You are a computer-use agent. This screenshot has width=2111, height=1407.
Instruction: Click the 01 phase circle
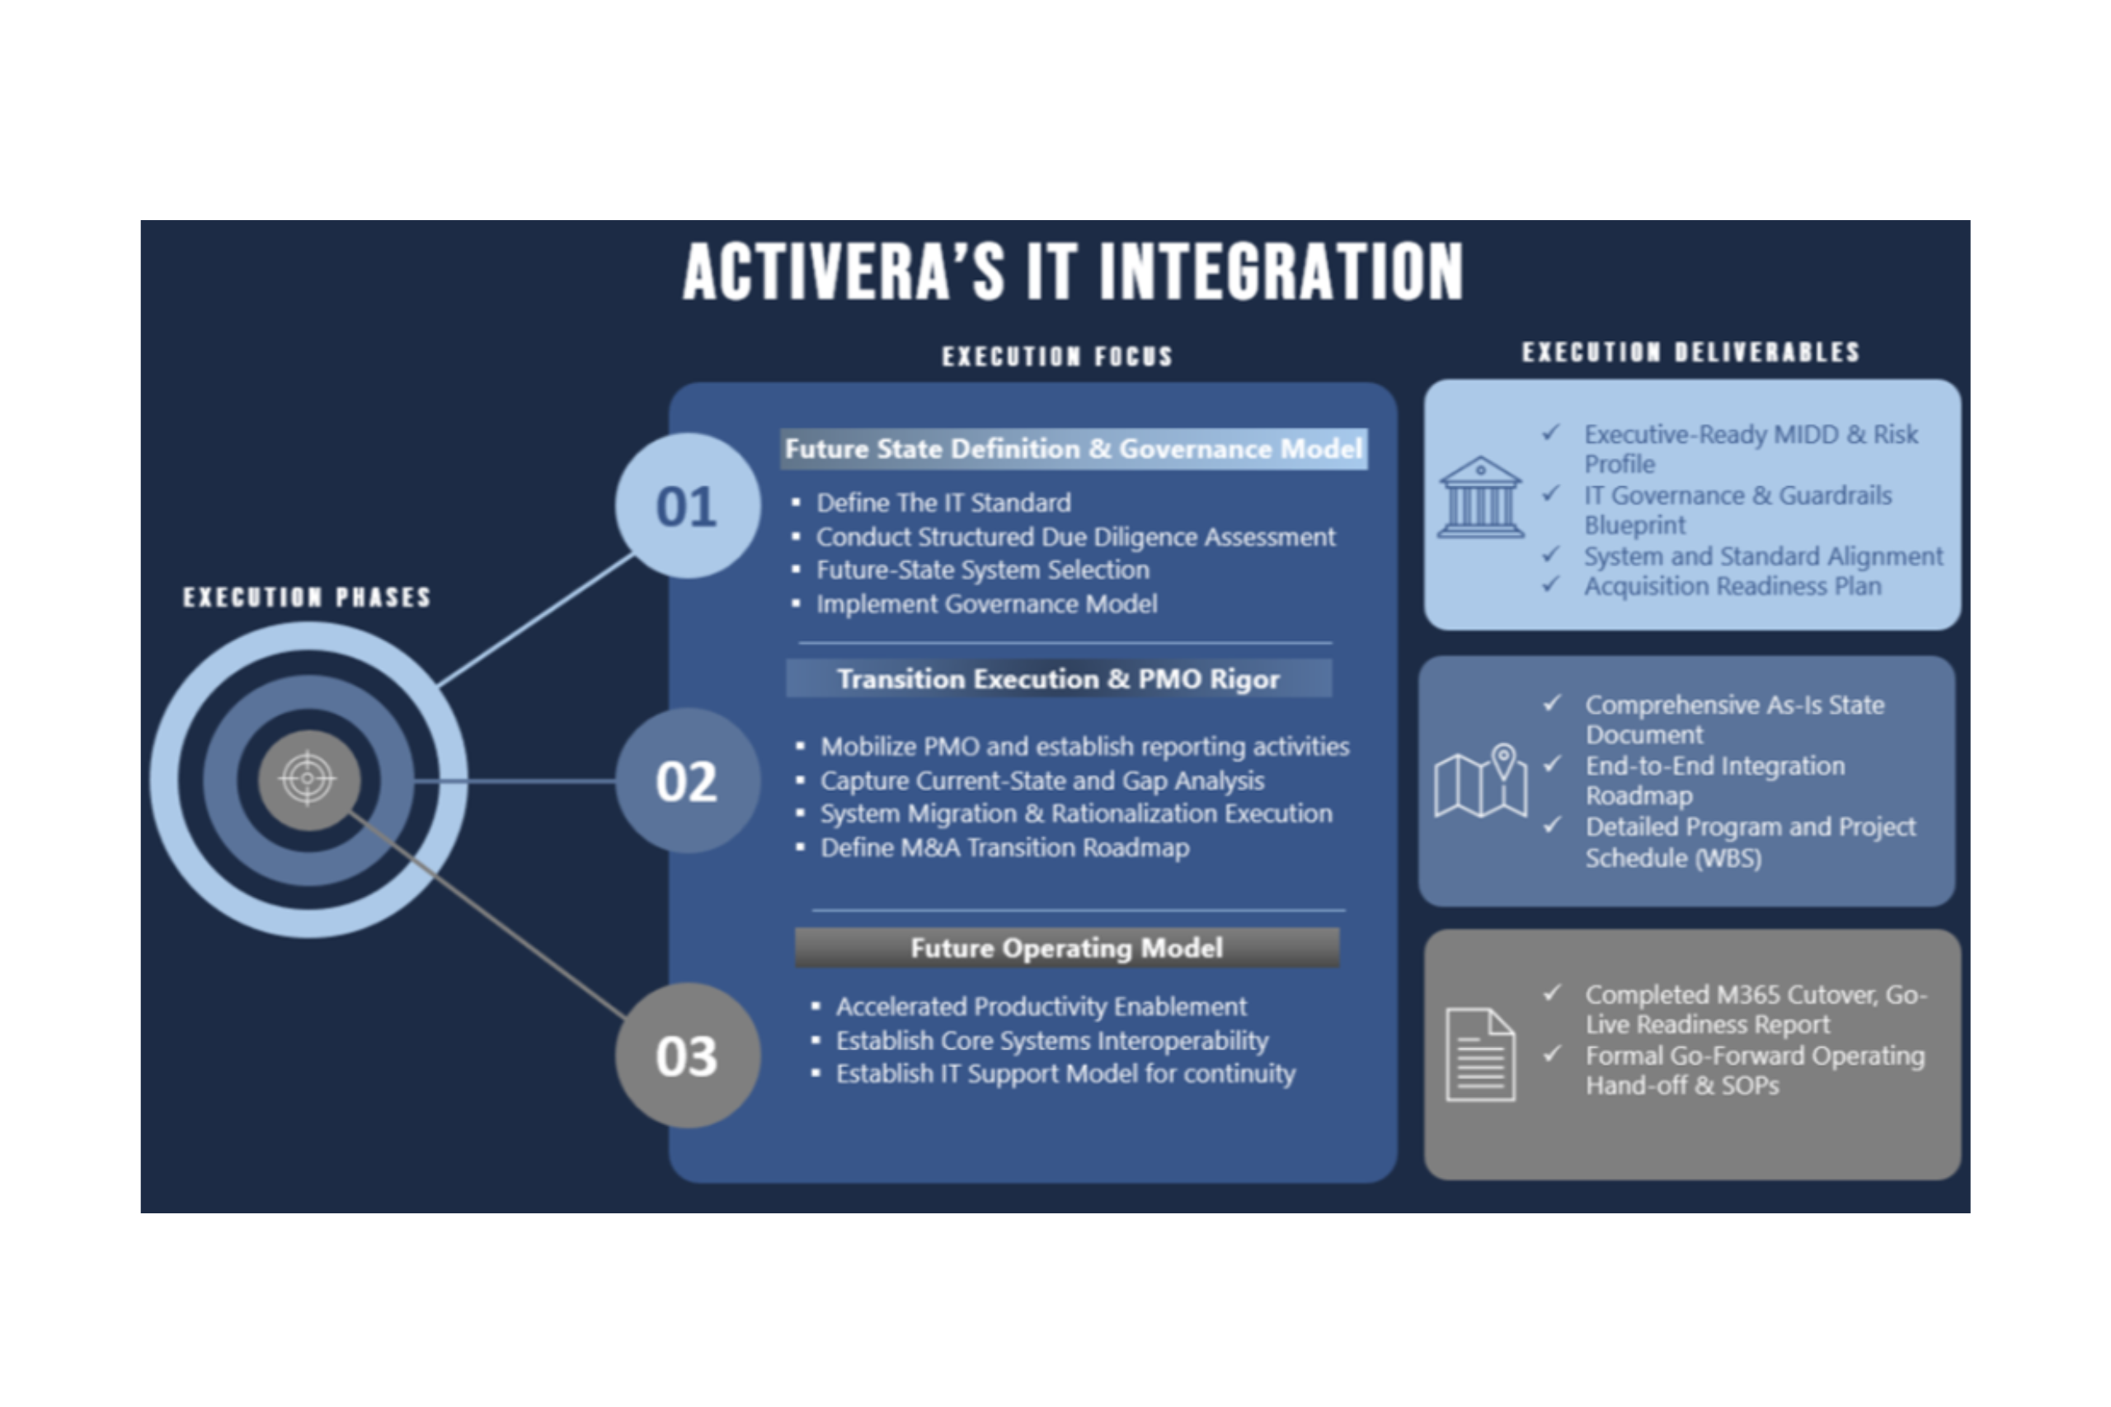click(688, 506)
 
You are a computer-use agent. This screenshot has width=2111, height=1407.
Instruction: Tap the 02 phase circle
click(688, 781)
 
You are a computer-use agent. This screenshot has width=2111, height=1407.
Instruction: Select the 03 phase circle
click(688, 1055)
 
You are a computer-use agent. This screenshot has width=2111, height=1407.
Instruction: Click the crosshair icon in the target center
click(308, 779)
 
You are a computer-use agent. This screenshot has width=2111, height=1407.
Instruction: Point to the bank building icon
click(1480, 497)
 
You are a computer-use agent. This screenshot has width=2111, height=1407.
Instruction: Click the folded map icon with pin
click(1480, 780)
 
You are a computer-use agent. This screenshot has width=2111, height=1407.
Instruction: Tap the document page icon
click(1480, 1054)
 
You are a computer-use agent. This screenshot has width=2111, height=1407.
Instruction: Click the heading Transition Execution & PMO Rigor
click(1058, 679)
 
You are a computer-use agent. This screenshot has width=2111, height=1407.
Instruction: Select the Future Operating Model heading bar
click(1066, 948)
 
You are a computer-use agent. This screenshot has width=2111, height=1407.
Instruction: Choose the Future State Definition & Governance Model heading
click(1074, 448)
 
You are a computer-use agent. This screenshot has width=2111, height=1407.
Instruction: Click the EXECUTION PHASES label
click(307, 598)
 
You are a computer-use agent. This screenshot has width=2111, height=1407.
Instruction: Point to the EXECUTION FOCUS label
click(1057, 357)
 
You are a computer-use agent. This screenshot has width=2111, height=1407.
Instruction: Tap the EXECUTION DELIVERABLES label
click(1691, 353)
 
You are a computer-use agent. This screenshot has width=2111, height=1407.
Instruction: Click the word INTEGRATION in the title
click(1281, 271)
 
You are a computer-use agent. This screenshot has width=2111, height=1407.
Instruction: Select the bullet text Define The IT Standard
click(943, 503)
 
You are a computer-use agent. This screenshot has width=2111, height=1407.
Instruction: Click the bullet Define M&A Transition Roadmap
click(1004, 848)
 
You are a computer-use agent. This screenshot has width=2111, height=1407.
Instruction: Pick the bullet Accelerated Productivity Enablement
click(1041, 1006)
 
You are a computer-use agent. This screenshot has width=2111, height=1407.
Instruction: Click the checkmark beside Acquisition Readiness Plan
click(1551, 584)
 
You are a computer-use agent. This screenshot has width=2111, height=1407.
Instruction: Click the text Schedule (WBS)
click(1673, 858)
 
